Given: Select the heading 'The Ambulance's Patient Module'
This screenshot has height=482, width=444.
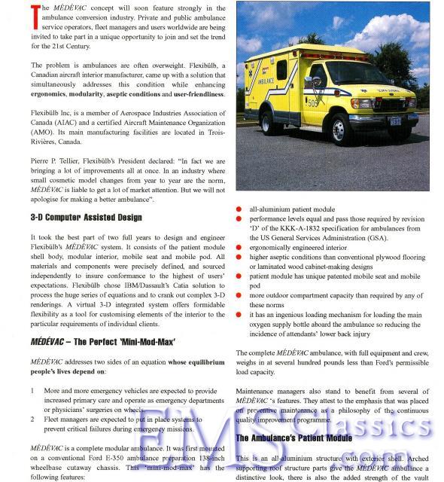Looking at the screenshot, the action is click(x=293, y=438).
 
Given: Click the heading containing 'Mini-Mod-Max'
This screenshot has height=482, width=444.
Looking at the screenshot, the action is click(x=103, y=341).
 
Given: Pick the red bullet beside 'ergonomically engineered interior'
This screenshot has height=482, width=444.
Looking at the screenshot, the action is click(x=240, y=246).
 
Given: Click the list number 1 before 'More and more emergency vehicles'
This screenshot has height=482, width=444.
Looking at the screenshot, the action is click(x=34, y=391).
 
